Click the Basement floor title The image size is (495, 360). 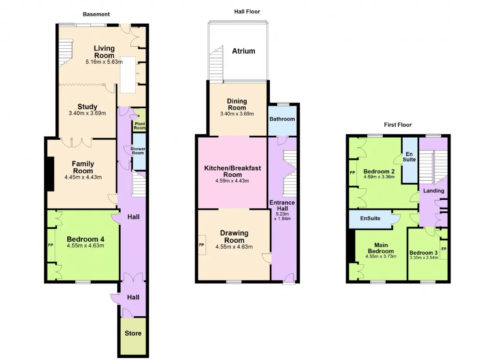[96, 14]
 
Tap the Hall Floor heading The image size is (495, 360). [247, 12]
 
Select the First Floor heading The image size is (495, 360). [398, 125]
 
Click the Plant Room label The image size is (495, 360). [140, 126]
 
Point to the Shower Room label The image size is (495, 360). [138, 151]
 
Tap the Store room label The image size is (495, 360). [133, 333]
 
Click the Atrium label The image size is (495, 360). [244, 51]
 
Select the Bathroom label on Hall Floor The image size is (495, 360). [282, 119]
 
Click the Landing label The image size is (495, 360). [434, 191]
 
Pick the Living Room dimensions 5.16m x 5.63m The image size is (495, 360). [104, 61]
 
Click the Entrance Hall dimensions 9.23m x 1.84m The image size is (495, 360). [282, 217]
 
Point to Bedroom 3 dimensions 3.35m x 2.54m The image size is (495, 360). [424, 258]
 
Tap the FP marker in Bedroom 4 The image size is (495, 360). [51, 245]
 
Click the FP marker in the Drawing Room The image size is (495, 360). [201, 245]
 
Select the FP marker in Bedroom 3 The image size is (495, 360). [444, 249]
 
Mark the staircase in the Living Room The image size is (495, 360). [66, 53]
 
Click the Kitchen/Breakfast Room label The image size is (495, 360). [232, 171]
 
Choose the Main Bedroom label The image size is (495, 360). [381, 248]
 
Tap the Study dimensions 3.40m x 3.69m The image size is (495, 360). [87, 113]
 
